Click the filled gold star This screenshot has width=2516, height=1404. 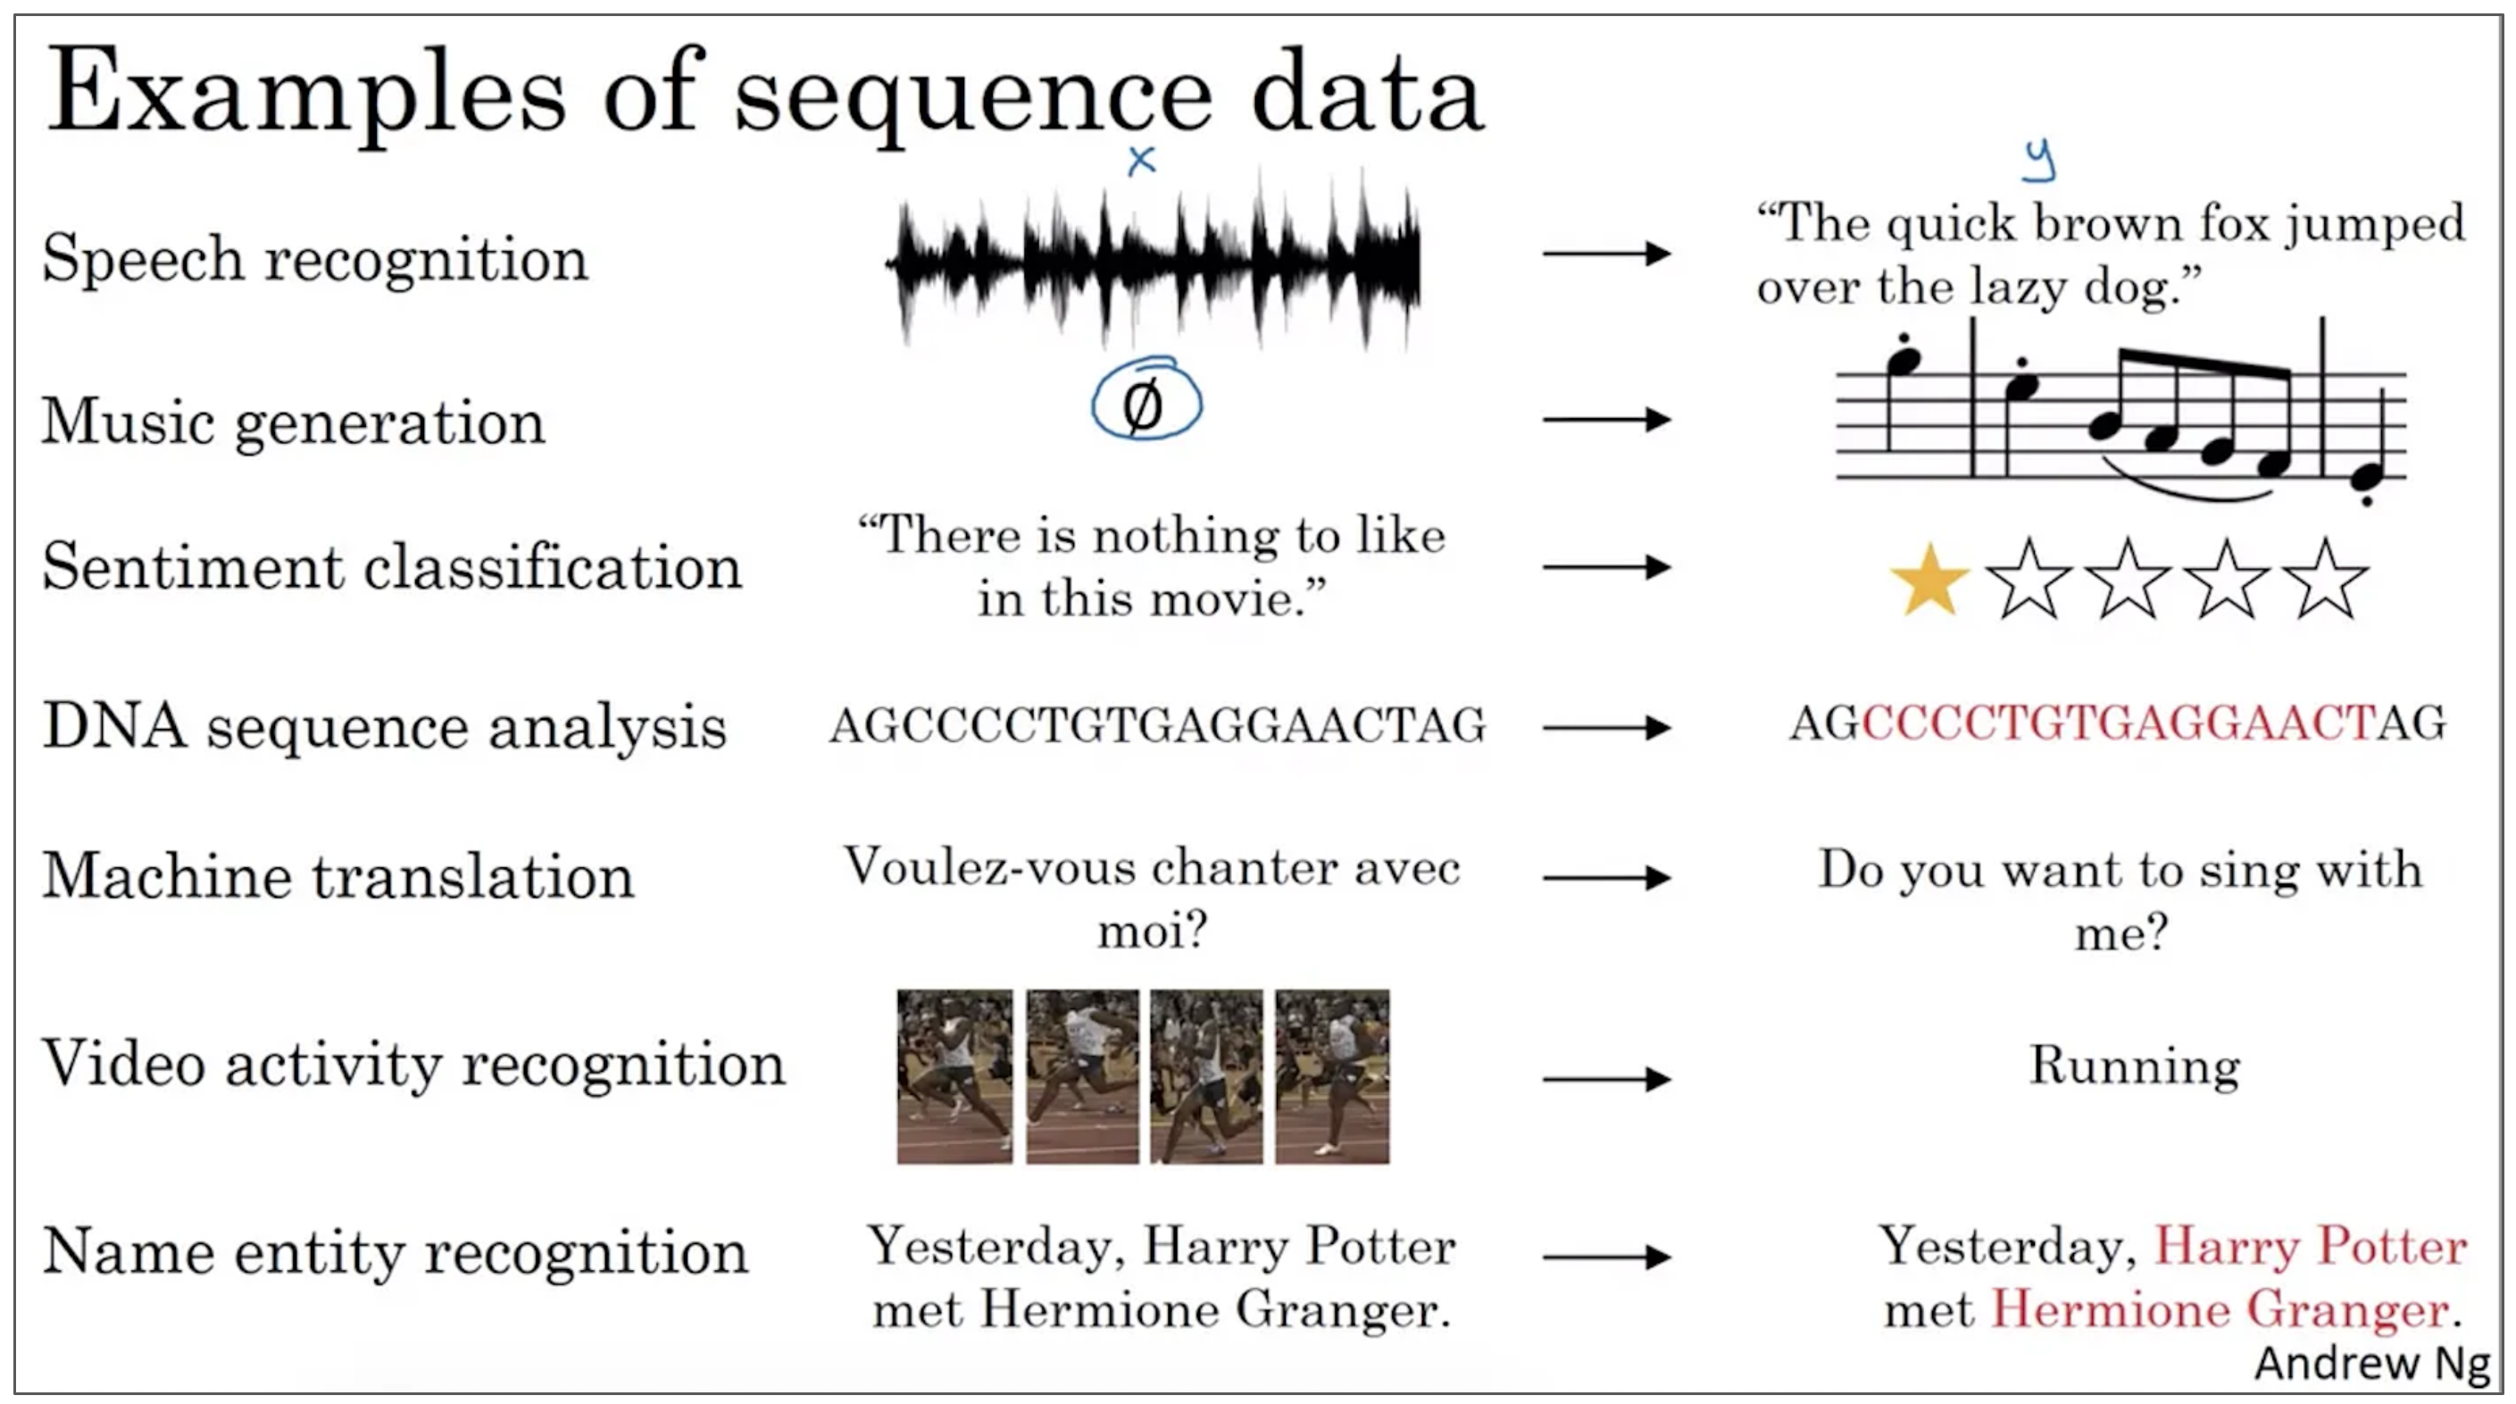click(1929, 581)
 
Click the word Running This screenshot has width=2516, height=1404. click(2135, 1066)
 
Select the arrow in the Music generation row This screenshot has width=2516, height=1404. click(1607, 420)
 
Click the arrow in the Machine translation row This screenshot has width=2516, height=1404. click(1607, 877)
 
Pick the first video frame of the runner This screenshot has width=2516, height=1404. click(954, 1077)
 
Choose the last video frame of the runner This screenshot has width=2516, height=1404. click(1331, 1077)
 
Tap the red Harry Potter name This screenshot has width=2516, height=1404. click(2311, 1247)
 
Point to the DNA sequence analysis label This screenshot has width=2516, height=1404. click(385, 727)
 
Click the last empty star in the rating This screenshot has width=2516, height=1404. click(2326, 581)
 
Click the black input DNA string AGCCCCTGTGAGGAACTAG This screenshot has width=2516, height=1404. click(1157, 726)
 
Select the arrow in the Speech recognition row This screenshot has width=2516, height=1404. click(1607, 254)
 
